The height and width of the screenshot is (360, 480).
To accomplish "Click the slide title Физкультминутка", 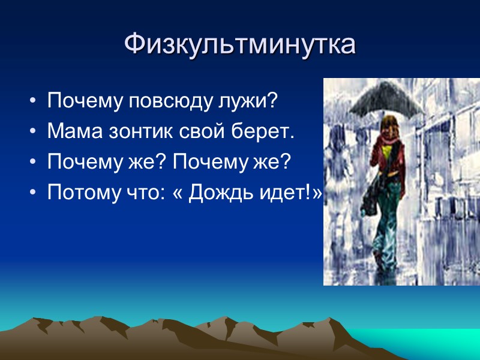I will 240,44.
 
